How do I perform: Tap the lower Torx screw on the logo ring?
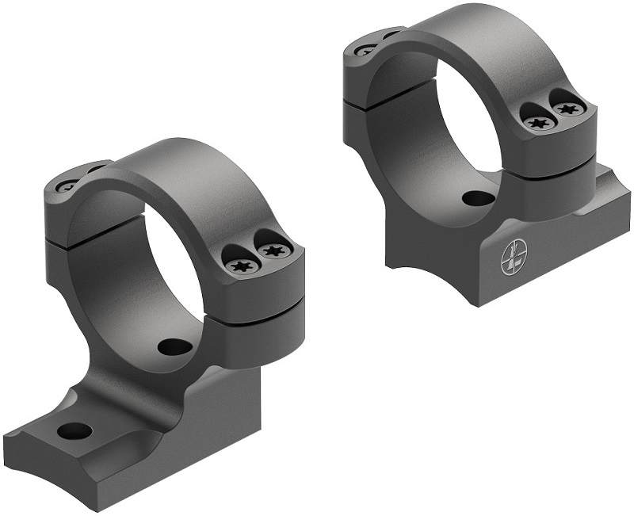coord(540,122)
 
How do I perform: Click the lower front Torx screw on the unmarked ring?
coord(241,266)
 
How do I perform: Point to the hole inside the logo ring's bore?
coord(475,199)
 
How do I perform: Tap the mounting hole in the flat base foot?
coord(74,431)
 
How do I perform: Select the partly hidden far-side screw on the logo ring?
coord(367,49)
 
